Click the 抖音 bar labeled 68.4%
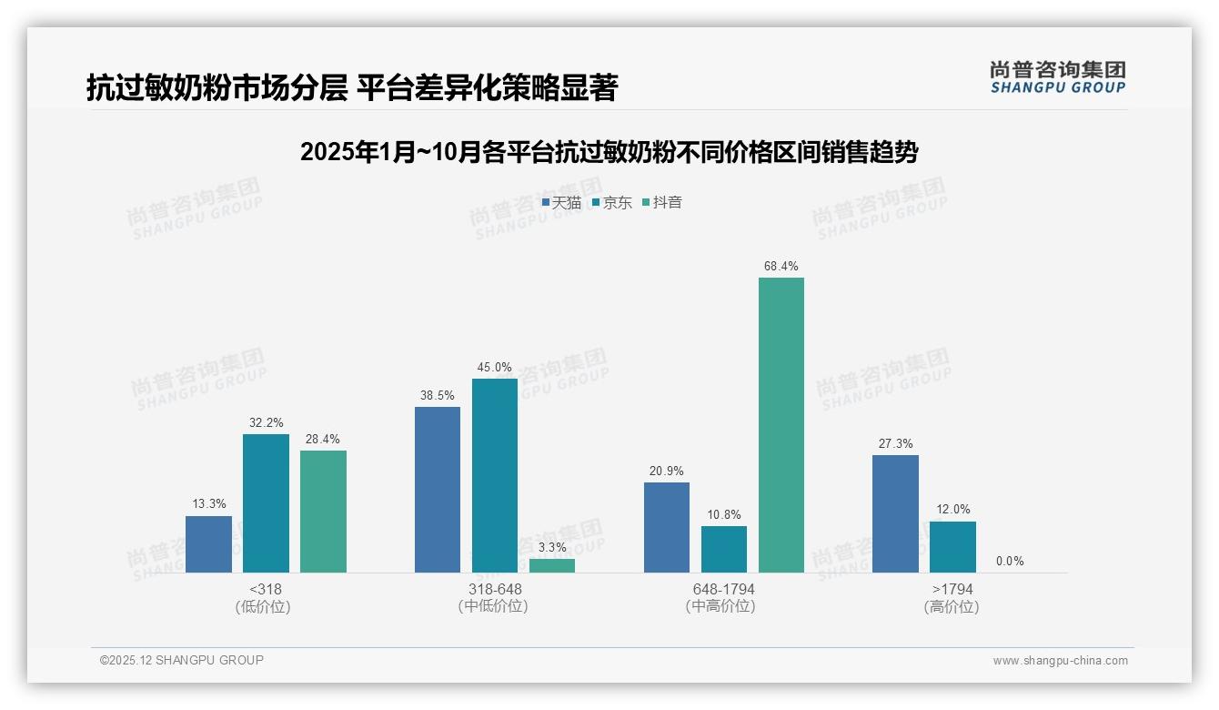[x=781, y=425]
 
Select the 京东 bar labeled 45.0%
[x=494, y=475]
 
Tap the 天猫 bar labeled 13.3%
[x=208, y=544]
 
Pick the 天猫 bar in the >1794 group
[x=895, y=513]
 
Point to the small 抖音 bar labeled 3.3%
[x=552, y=565]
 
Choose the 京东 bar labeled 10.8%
[x=723, y=549]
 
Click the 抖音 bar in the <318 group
[x=323, y=512]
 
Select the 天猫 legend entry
[x=561, y=202]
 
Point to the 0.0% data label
[x=1010, y=561]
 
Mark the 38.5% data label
[x=438, y=396]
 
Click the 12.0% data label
[x=953, y=509]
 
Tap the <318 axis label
[x=265, y=589]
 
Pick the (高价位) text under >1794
[x=952, y=606]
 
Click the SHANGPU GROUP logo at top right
[x=1057, y=77]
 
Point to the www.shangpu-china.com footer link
[x=1060, y=661]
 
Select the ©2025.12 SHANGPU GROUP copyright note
[x=181, y=660]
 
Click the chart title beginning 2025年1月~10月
[x=609, y=152]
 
